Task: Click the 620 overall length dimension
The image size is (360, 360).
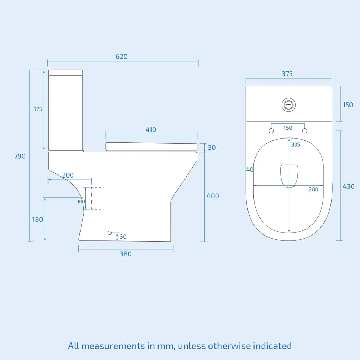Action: point(122,57)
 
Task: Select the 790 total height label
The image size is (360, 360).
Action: point(20,156)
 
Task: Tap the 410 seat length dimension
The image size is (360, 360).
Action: point(151,130)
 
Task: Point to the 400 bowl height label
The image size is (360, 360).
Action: point(213,196)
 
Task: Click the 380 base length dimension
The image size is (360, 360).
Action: point(126,254)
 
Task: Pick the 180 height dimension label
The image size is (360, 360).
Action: point(38,220)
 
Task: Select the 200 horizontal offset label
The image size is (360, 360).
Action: point(68,175)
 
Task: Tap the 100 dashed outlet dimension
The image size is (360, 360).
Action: point(81,201)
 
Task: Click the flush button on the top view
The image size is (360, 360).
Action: point(289,105)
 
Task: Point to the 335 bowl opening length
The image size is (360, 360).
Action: point(296,144)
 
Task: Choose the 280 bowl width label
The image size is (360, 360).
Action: point(313,189)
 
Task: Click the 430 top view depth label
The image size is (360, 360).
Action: point(348,186)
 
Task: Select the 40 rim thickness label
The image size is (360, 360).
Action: point(250,169)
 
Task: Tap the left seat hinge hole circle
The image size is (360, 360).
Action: point(271,131)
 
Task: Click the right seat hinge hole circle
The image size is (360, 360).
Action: point(305,131)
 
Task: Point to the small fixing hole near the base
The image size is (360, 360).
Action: point(110,233)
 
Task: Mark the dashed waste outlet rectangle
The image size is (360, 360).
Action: point(96,198)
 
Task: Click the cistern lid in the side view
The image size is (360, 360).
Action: point(65,72)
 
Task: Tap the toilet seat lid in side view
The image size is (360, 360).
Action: point(151,147)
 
